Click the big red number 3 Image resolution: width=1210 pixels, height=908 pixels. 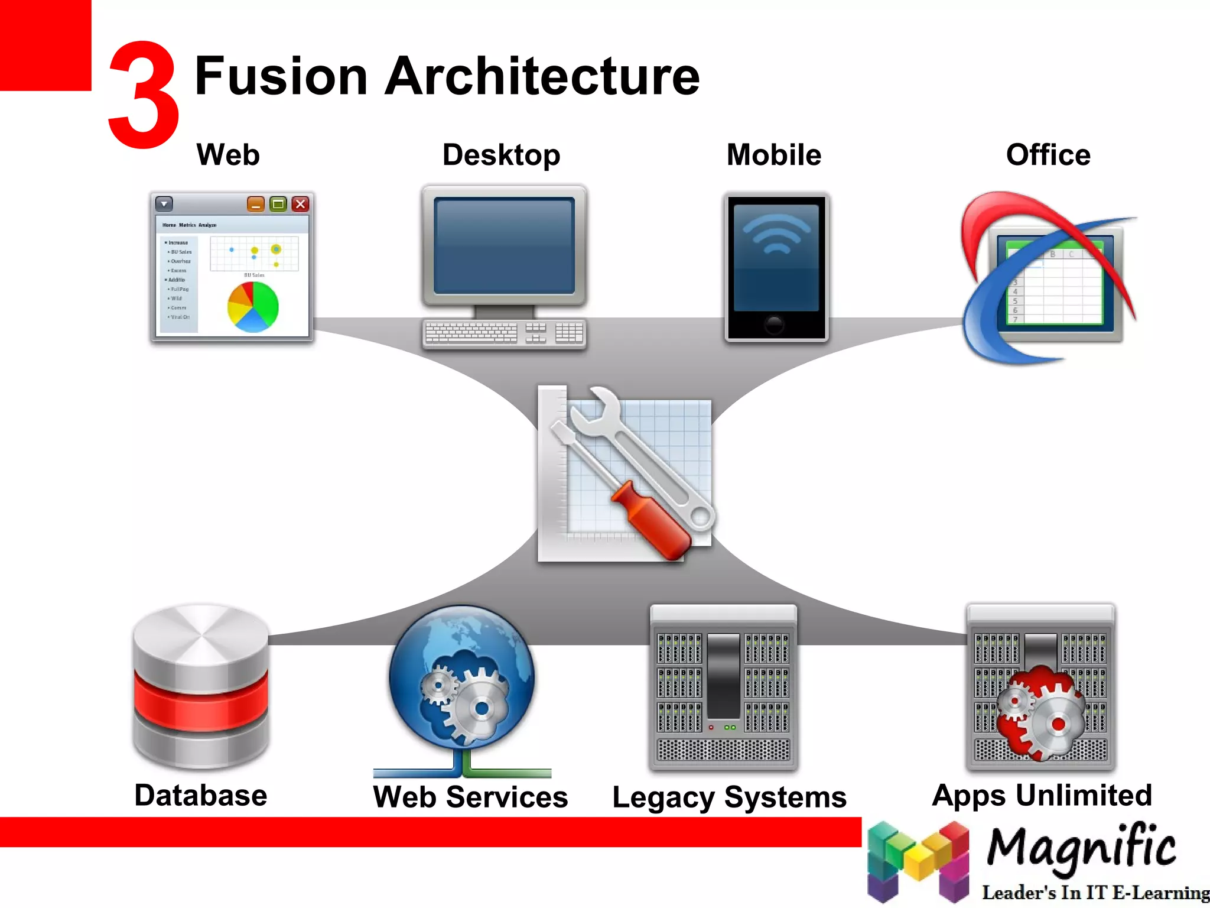point(144,95)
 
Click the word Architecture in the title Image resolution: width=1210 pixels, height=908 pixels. point(542,76)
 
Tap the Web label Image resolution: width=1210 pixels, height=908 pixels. point(228,155)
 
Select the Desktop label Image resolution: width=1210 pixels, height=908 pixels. point(501,155)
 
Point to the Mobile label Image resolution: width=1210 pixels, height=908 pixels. point(773,155)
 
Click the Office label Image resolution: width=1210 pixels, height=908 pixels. point(1048,155)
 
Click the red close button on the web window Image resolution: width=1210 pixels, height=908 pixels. point(300,204)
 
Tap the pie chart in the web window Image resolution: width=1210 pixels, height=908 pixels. point(253,307)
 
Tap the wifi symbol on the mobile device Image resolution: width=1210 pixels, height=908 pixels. point(776,234)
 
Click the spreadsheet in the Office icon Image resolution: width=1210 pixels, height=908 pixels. point(1055,284)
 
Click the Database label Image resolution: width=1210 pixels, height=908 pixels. point(201,795)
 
